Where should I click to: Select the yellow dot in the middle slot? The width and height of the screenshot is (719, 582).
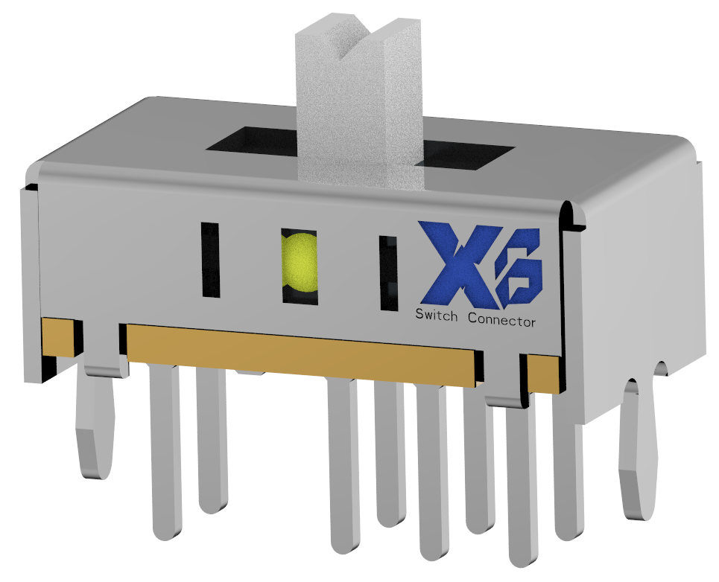tap(299, 263)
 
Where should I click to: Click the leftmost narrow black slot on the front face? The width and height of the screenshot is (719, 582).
tap(210, 259)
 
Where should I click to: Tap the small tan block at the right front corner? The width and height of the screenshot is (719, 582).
tap(543, 373)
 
